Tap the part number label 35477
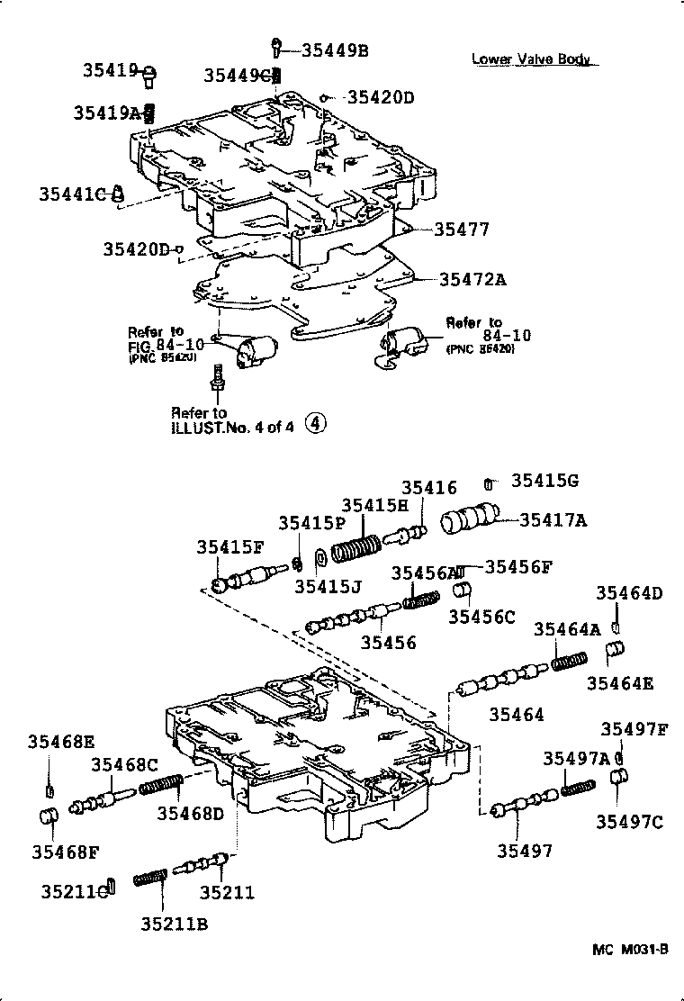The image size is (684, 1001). click(x=462, y=230)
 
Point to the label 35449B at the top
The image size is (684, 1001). click(x=334, y=50)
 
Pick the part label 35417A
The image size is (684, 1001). click(x=553, y=519)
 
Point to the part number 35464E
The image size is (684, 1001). click(x=620, y=683)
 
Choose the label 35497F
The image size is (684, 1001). click(x=634, y=729)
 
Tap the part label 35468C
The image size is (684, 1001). click(x=124, y=765)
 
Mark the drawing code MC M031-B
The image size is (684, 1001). click(x=630, y=950)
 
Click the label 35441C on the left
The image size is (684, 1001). click(x=72, y=194)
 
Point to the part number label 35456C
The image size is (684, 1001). click(x=481, y=617)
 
